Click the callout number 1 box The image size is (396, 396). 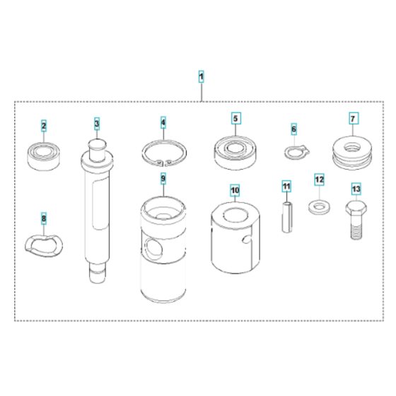202,76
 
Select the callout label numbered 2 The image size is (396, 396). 44,127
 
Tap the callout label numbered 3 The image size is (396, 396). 97,124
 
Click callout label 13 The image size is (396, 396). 356,189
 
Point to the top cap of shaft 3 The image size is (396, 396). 98,147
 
